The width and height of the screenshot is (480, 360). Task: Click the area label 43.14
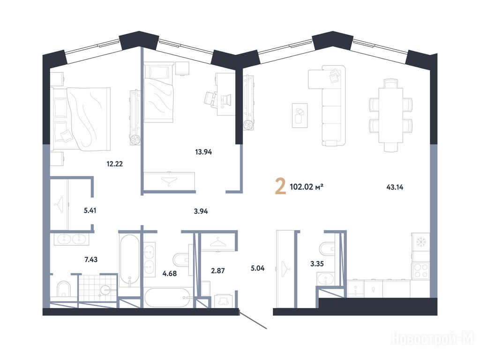(x=395, y=187)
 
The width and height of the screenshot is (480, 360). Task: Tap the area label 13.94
(x=203, y=152)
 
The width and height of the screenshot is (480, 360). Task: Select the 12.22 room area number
(x=115, y=164)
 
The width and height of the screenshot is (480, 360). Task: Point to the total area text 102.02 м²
(x=307, y=187)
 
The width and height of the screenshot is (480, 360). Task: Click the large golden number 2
(x=280, y=187)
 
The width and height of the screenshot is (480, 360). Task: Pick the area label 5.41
(x=90, y=210)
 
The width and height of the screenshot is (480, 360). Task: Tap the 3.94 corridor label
(x=201, y=211)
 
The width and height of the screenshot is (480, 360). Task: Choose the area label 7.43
(x=91, y=260)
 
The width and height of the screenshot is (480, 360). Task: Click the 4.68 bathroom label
(x=170, y=273)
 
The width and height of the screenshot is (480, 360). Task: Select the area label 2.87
(x=218, y=270)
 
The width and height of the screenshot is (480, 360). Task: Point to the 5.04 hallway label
(x=257, y=268)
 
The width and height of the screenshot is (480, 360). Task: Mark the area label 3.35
(x=317, y=263)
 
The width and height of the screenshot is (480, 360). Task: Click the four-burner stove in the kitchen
(x=420, y=270)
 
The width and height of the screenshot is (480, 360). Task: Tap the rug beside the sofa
(x=300, y=115)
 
